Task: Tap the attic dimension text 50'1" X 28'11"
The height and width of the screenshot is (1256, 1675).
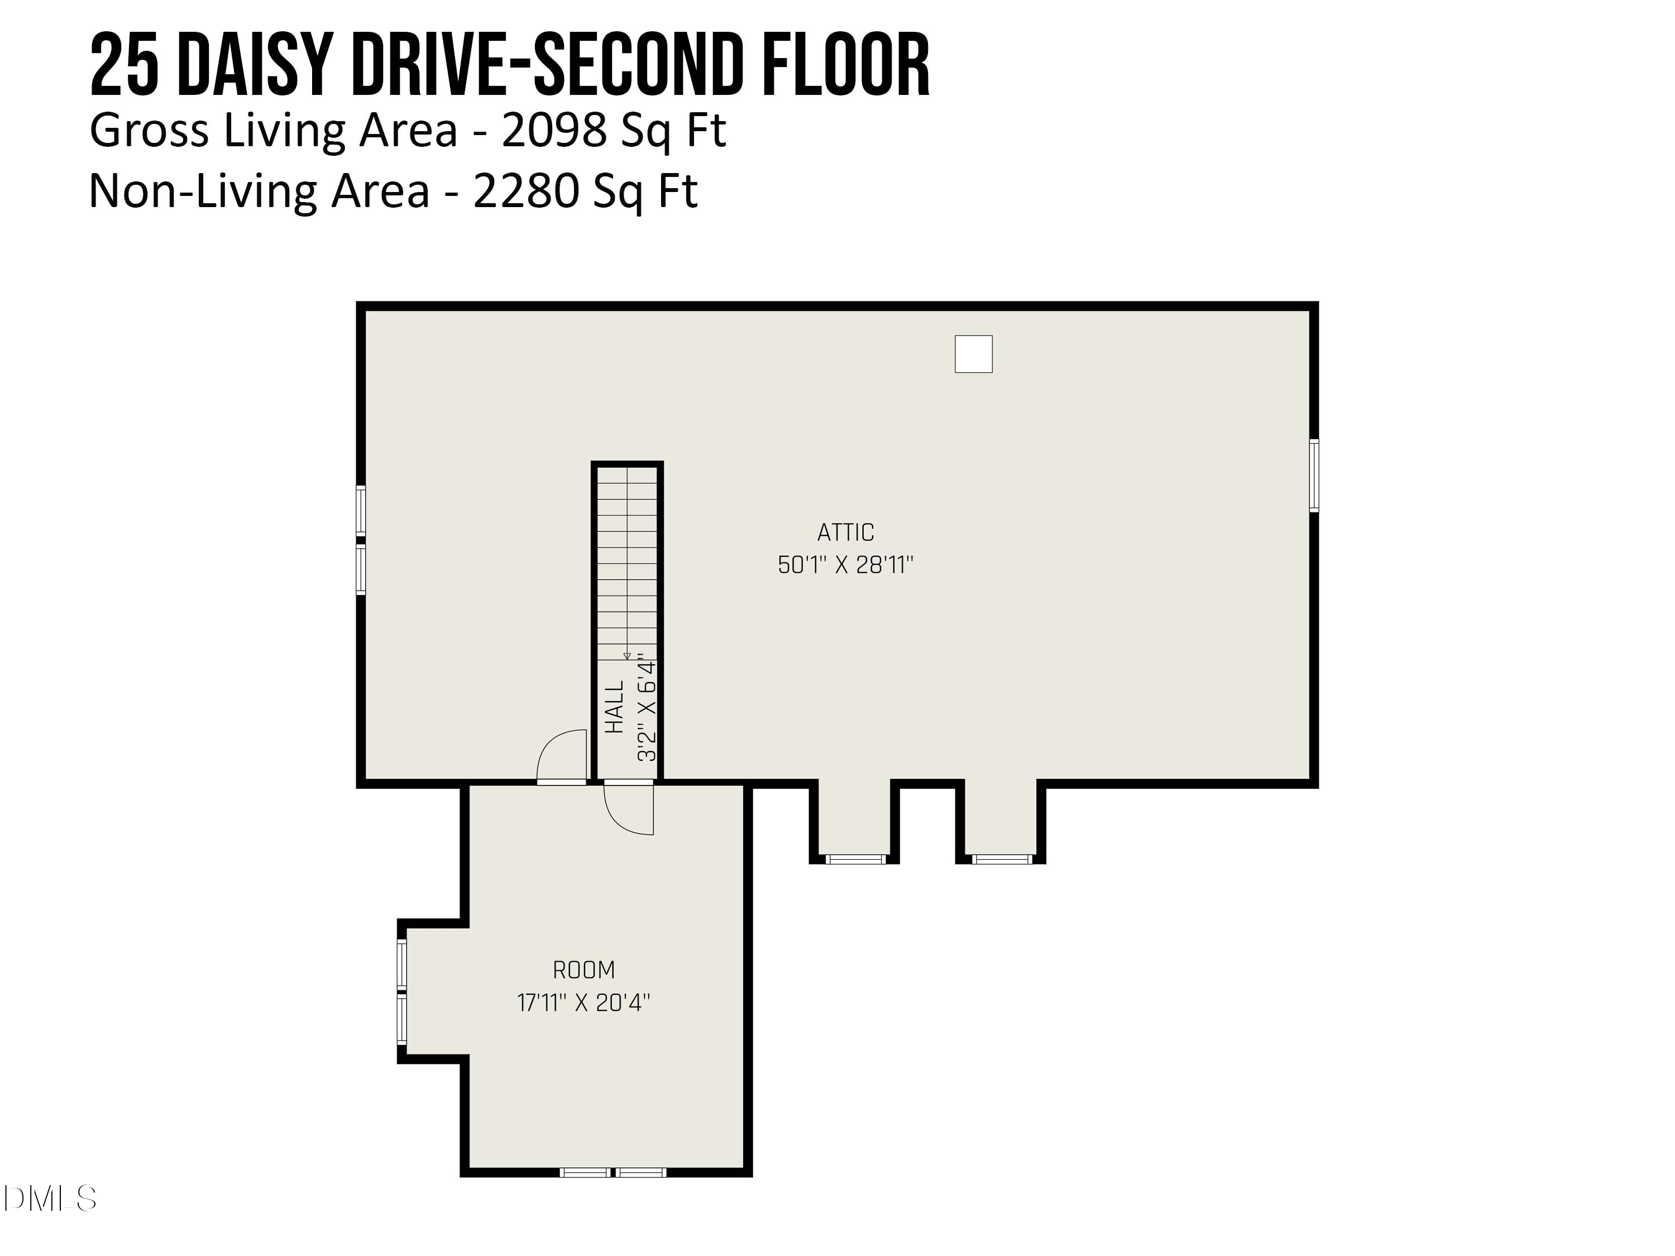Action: pyautogui.click(x=846, y=565)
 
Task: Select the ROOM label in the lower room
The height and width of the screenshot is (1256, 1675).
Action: pyautogui.click(x=584, y=970)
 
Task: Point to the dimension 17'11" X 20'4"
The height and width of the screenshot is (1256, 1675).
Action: pyautogui.click(x=584, y=1003)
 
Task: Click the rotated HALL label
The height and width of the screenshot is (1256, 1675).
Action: pyautogui.click(x=615, y=706)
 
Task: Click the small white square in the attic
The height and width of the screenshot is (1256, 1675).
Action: pyautogui.click(x=973, y=353)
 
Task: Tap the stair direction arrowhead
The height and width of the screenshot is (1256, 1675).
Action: pyautogui.click(x=626, y=656)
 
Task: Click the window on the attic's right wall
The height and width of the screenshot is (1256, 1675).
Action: pyautogui.click(x=1314, y=476)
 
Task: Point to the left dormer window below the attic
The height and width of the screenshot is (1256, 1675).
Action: pyautogui.click(x=855, y=859)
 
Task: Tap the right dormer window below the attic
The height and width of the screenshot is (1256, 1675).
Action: pyautogui.click(x=1001, y=859)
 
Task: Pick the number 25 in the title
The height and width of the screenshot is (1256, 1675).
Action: pyautogui.click(x=124, y=66)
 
